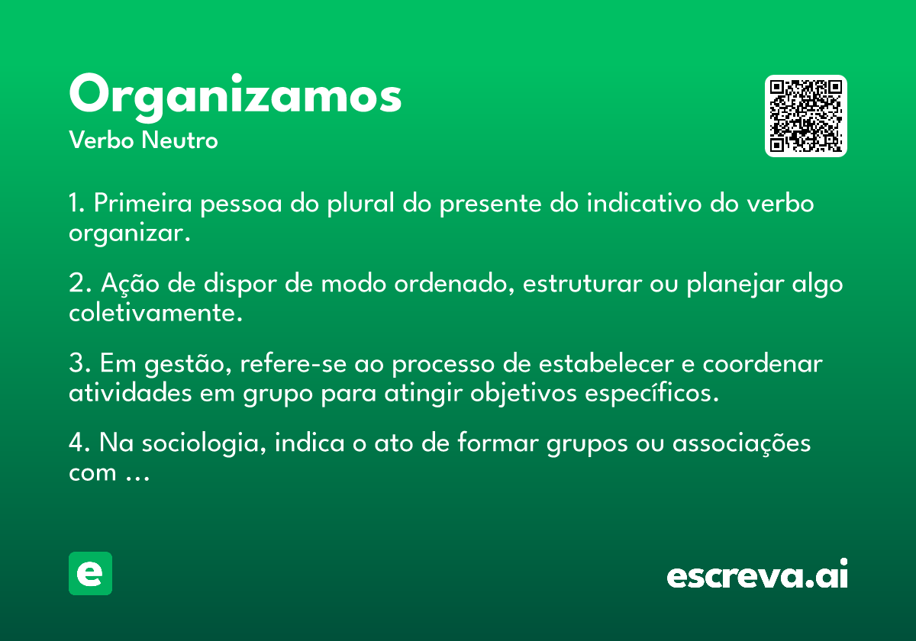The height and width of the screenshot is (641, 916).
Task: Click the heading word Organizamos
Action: pos(235,98)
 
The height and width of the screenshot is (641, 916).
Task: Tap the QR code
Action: pos(805,116)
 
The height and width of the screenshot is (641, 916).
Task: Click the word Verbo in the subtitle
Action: pos(102,140)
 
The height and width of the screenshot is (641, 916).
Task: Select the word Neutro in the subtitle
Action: pos(179,140)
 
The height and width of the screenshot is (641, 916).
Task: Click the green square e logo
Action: pos(90,573)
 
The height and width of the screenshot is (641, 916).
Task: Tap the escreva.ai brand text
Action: pos(757,574)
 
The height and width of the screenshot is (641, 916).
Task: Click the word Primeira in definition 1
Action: pos(143,203)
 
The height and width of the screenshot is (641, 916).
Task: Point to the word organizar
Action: pos(130,234)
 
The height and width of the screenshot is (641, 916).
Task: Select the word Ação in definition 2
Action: pos(130,283)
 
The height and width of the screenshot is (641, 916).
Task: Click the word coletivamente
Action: pos(156,313)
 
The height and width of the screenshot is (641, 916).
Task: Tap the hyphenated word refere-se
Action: pos(293,363)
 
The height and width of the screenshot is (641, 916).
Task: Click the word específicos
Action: pos(652,393)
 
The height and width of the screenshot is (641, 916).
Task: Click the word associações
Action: pos(741,444)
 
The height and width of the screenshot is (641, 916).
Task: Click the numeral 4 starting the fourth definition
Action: pos(76,443)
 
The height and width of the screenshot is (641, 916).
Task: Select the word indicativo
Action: pos(644,203)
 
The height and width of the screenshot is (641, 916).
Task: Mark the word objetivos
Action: pos(524,393)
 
